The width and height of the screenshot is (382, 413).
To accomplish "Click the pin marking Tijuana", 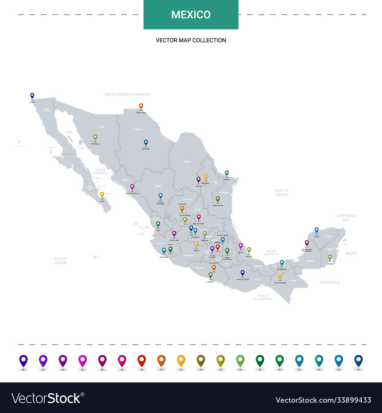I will coord(32,96).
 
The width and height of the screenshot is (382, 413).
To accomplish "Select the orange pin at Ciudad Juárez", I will coord(141,106).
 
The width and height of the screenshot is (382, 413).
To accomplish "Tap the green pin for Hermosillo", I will coord(95,137).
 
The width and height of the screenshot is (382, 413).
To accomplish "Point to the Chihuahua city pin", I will coord(146,142).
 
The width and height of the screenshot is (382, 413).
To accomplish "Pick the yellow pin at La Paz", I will coord(102,194).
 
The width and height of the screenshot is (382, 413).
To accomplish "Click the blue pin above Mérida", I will coord(316,230).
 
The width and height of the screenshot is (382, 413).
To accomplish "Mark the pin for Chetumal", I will coord(330,257).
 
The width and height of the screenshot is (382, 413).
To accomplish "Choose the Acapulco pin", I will coord(210,275).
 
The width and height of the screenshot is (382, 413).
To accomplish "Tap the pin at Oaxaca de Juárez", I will coord(242,273).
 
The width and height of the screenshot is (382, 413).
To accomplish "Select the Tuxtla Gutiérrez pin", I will coord(280,276).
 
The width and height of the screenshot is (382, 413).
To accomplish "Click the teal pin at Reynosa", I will coord(227,173).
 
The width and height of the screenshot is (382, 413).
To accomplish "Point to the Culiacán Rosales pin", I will coord(132,187).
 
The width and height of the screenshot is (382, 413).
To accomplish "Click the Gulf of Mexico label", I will coord(282,192).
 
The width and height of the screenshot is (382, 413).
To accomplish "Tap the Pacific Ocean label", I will coord(60,260).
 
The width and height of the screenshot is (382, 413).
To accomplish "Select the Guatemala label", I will coord(330,282).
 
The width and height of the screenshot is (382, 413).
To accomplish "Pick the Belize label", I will coord(351,253).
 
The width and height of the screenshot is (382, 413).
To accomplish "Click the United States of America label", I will coord(127,94).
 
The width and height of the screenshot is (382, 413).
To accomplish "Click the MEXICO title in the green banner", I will coord(191,15).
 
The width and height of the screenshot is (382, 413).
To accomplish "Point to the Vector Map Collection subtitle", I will coord(191,40).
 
